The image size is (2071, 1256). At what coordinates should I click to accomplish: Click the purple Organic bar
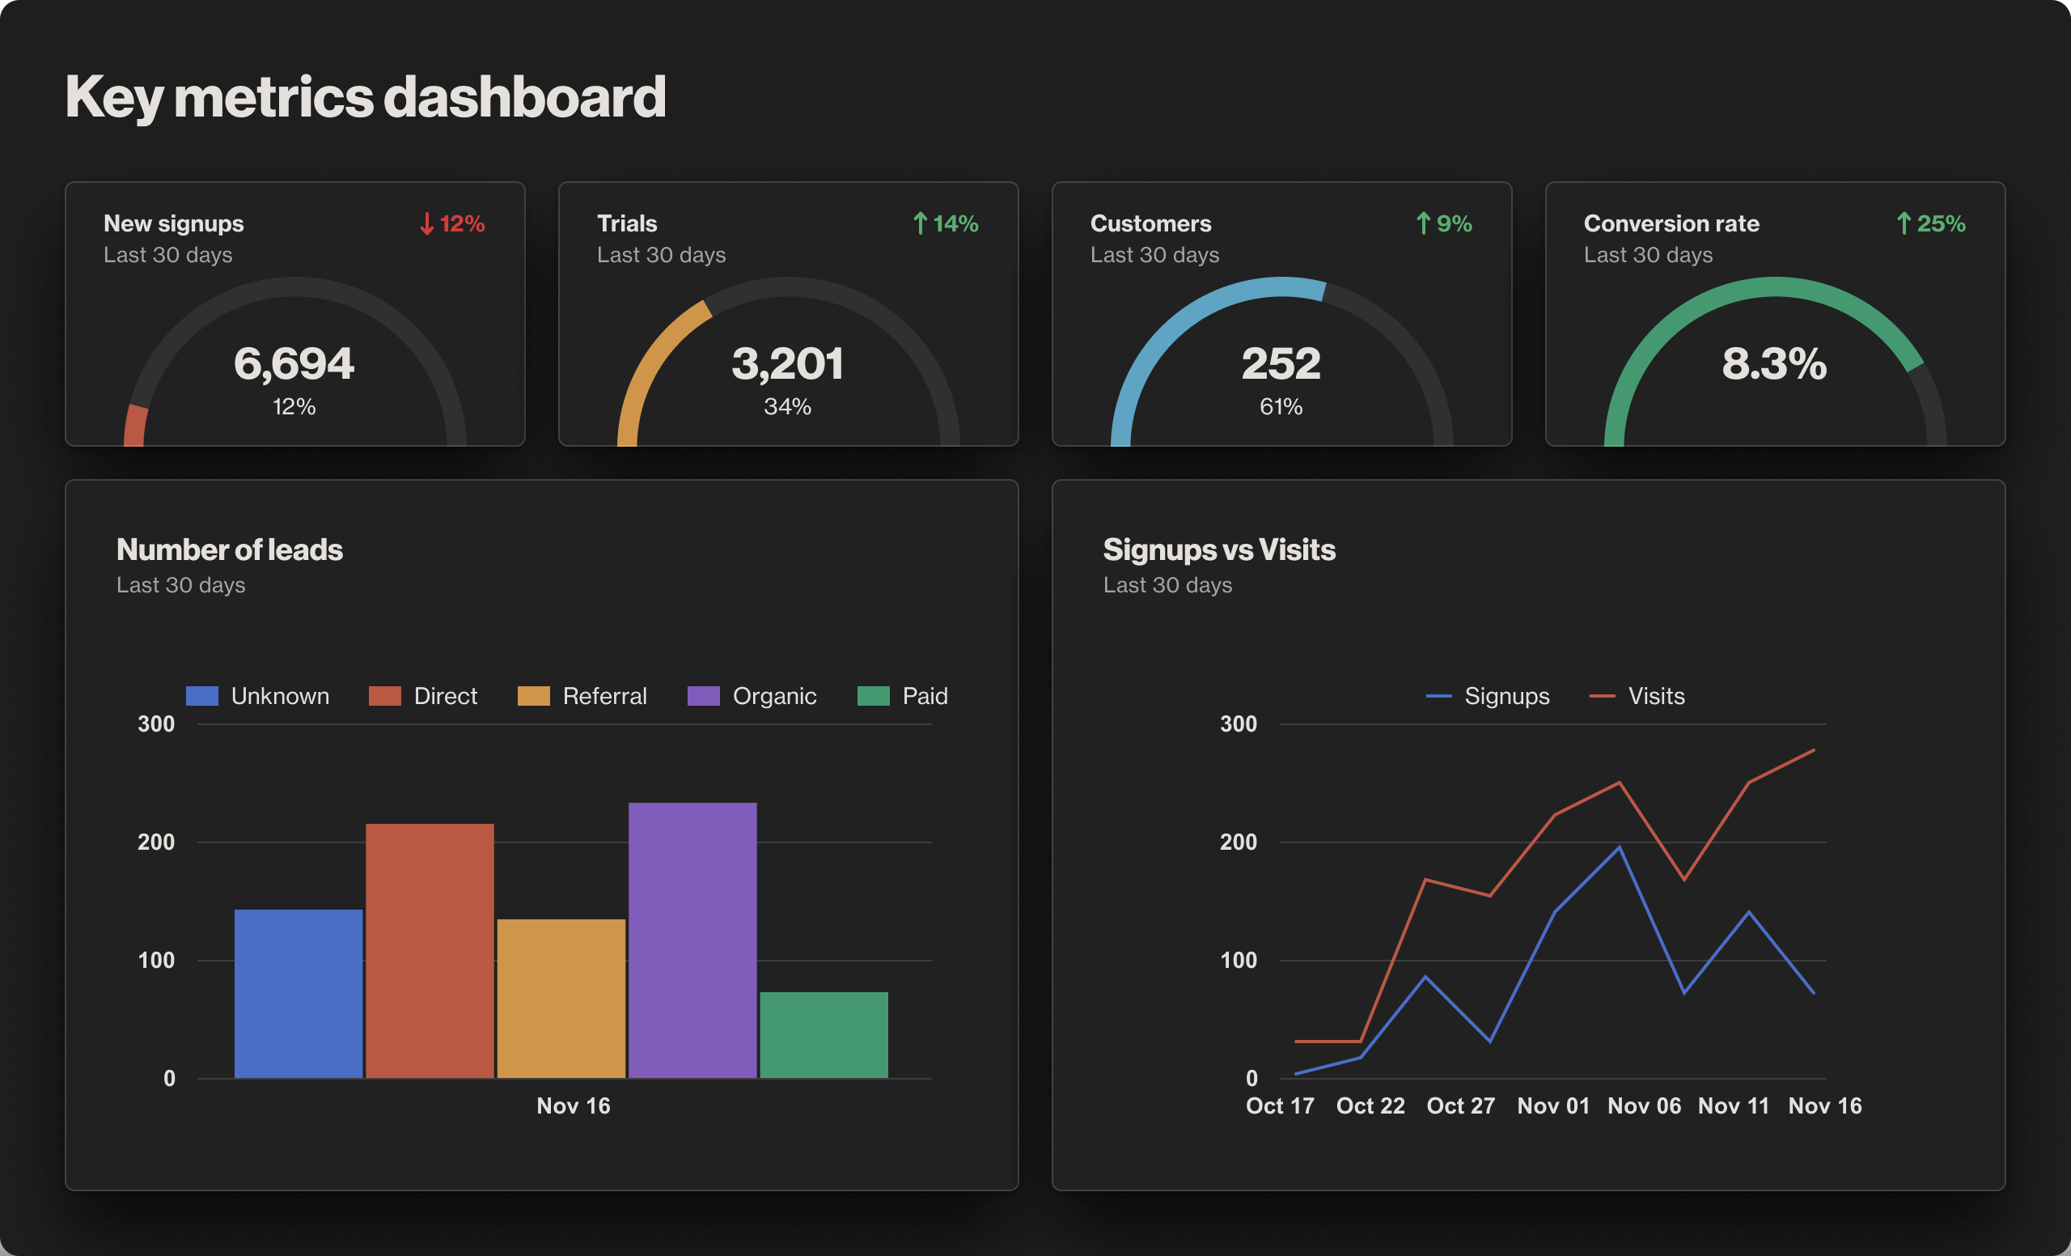click(x=692, y=940)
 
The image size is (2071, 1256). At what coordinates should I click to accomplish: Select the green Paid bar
click(x=824, y=1034)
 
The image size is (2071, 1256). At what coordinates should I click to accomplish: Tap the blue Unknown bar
click(x=299, y=993)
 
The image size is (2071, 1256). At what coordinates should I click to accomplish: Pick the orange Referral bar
click(x=561, y=998)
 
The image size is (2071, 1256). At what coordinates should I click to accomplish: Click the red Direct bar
click(x=430, y=950)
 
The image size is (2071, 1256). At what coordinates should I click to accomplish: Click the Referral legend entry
click(x=582, y=696)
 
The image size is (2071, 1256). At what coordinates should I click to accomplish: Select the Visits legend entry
click(x=1637, y=696)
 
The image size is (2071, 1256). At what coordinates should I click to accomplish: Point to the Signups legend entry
click(x=1488, y=696)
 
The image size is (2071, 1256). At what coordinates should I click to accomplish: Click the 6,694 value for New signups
click(x=294, y=364)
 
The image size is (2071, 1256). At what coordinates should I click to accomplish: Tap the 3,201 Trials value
click(x=788, y=364)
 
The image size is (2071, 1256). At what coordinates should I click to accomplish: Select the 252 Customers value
click(x=1281, y=364)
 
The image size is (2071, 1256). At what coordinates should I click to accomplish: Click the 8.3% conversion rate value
click(x=1774, y=364)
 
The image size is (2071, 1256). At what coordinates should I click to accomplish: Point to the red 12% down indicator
click(x=452, y=223)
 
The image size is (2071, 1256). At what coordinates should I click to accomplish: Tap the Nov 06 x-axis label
click(x=1644, y=1105)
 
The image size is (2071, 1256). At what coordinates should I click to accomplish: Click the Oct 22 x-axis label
click(x=1370, y=1105)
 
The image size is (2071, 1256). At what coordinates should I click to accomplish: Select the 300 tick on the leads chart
click(x=156, y=723)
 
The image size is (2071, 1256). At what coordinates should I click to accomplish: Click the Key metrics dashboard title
click(x=366, y=96)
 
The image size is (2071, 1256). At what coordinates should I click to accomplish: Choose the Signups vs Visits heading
click(x=1218, y=549)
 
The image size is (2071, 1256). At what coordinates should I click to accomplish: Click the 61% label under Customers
click(x=1281, y=407)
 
